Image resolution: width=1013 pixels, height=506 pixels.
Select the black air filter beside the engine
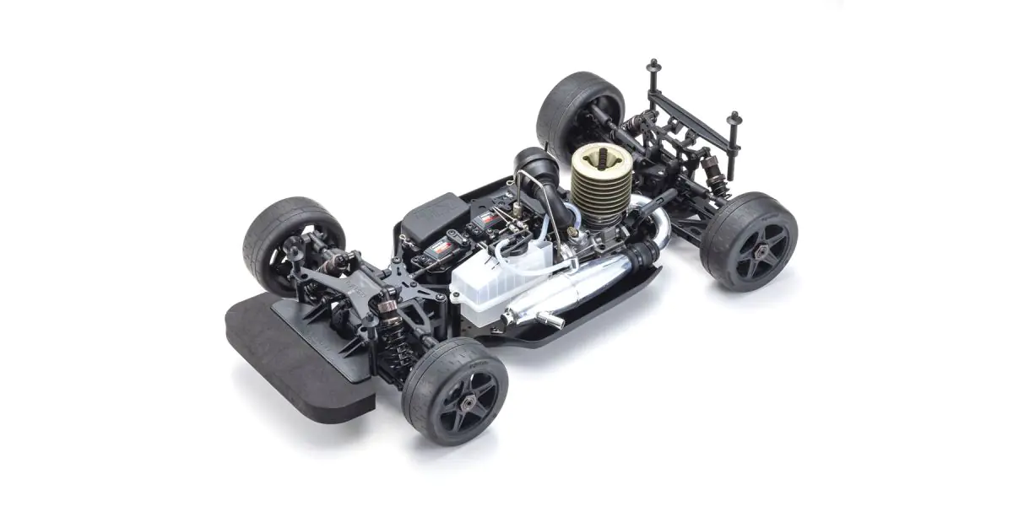(534, 168)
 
